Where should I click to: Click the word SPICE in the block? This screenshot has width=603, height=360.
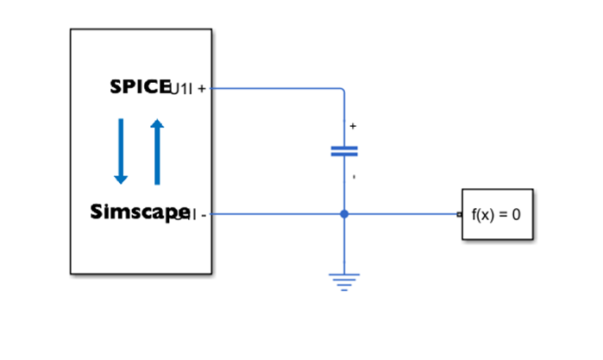point(141,87)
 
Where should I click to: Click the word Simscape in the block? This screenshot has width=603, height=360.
point(139,212)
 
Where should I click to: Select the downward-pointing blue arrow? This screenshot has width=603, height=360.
point(121,151)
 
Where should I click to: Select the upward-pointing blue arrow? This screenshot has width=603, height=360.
point(157,151)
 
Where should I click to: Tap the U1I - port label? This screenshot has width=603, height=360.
point(193,214)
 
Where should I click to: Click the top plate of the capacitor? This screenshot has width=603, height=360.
point(344,148)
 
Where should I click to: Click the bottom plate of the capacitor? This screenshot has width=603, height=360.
point(344,155)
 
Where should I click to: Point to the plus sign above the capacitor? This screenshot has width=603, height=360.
point(353,126)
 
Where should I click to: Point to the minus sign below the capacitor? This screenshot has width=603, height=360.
point(354,178)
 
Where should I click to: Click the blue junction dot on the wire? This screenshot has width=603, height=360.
point(344,214)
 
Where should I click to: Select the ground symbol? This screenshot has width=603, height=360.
point(344,281)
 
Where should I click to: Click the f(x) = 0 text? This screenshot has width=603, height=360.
point(496,214)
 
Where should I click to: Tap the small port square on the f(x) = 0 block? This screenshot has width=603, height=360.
point(460,214)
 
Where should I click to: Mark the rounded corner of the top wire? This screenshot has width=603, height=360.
point(342,91)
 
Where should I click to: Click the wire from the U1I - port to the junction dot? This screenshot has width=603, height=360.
point(276,214)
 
